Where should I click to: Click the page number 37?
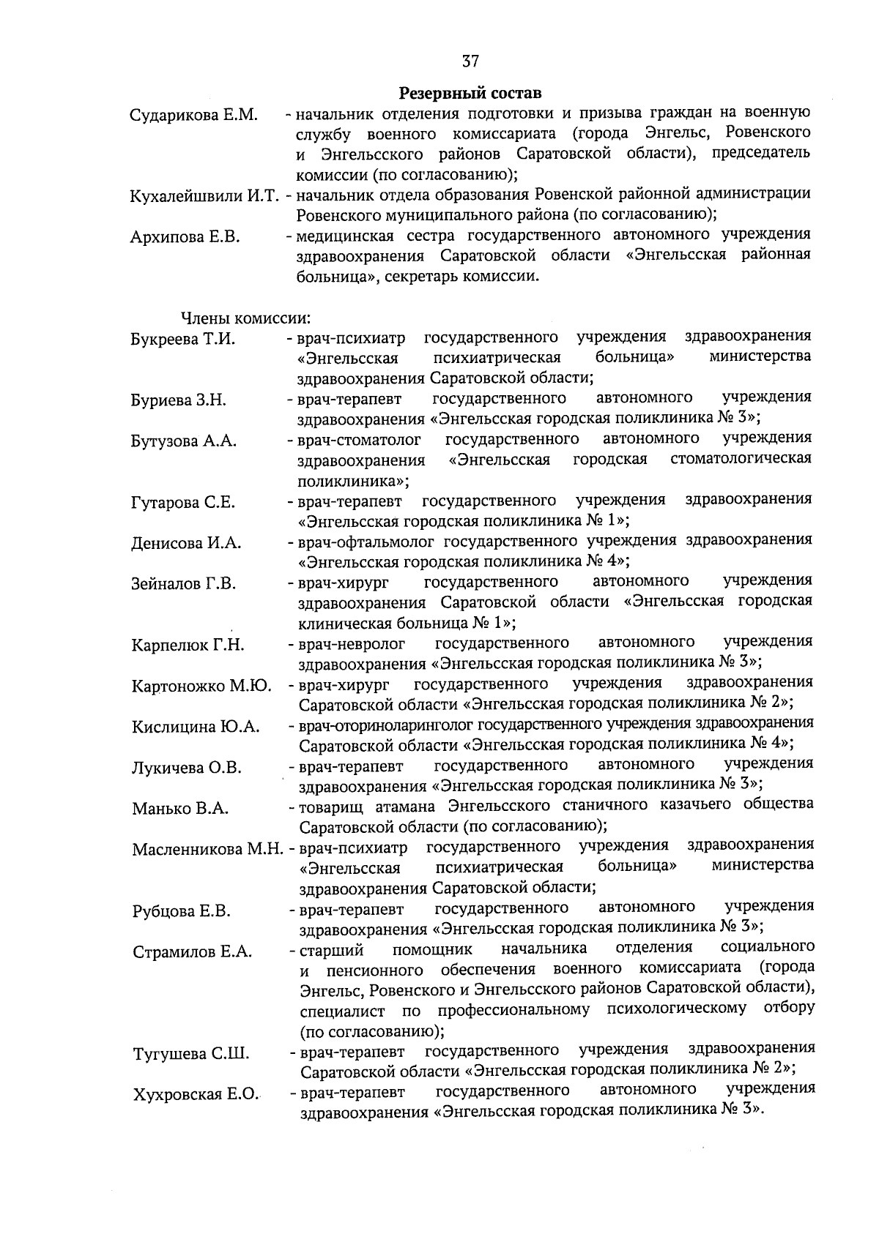pos(471,60)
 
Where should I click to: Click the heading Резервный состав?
pos(470,94)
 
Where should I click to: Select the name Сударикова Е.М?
pos(193,116)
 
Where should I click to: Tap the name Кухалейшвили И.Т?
pos(205,196)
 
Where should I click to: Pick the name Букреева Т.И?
pos(183,339)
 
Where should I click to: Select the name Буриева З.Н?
pos(179,400)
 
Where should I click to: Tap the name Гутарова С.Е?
pos(183,502)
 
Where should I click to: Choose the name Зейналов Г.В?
pos(184,584)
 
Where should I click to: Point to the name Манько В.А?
pos(180,809)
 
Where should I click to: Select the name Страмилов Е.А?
pos(193,952)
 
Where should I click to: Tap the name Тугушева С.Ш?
pos(191,1055)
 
